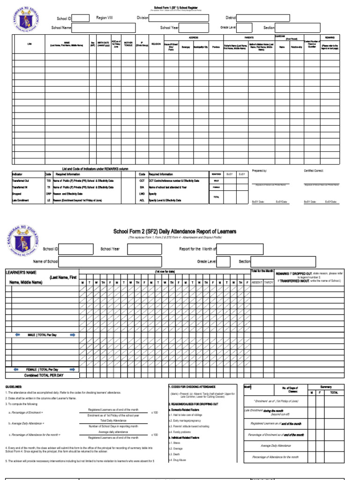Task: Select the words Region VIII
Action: [105, 18]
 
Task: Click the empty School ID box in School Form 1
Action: [81, 18]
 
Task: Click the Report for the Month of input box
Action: [239, 249]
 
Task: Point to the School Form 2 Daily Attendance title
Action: [175, 232]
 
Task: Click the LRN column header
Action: [30, 45]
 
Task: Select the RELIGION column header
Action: [156, 44]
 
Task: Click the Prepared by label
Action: [259, 171]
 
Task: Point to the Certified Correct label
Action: [314, 171]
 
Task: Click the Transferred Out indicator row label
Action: [21, 180]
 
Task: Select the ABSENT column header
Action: [257, 283]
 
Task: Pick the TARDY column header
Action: [269, 283]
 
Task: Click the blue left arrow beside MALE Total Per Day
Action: [17, 335]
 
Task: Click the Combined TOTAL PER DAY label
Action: [44, 375]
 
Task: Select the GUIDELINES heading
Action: [15, 387]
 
